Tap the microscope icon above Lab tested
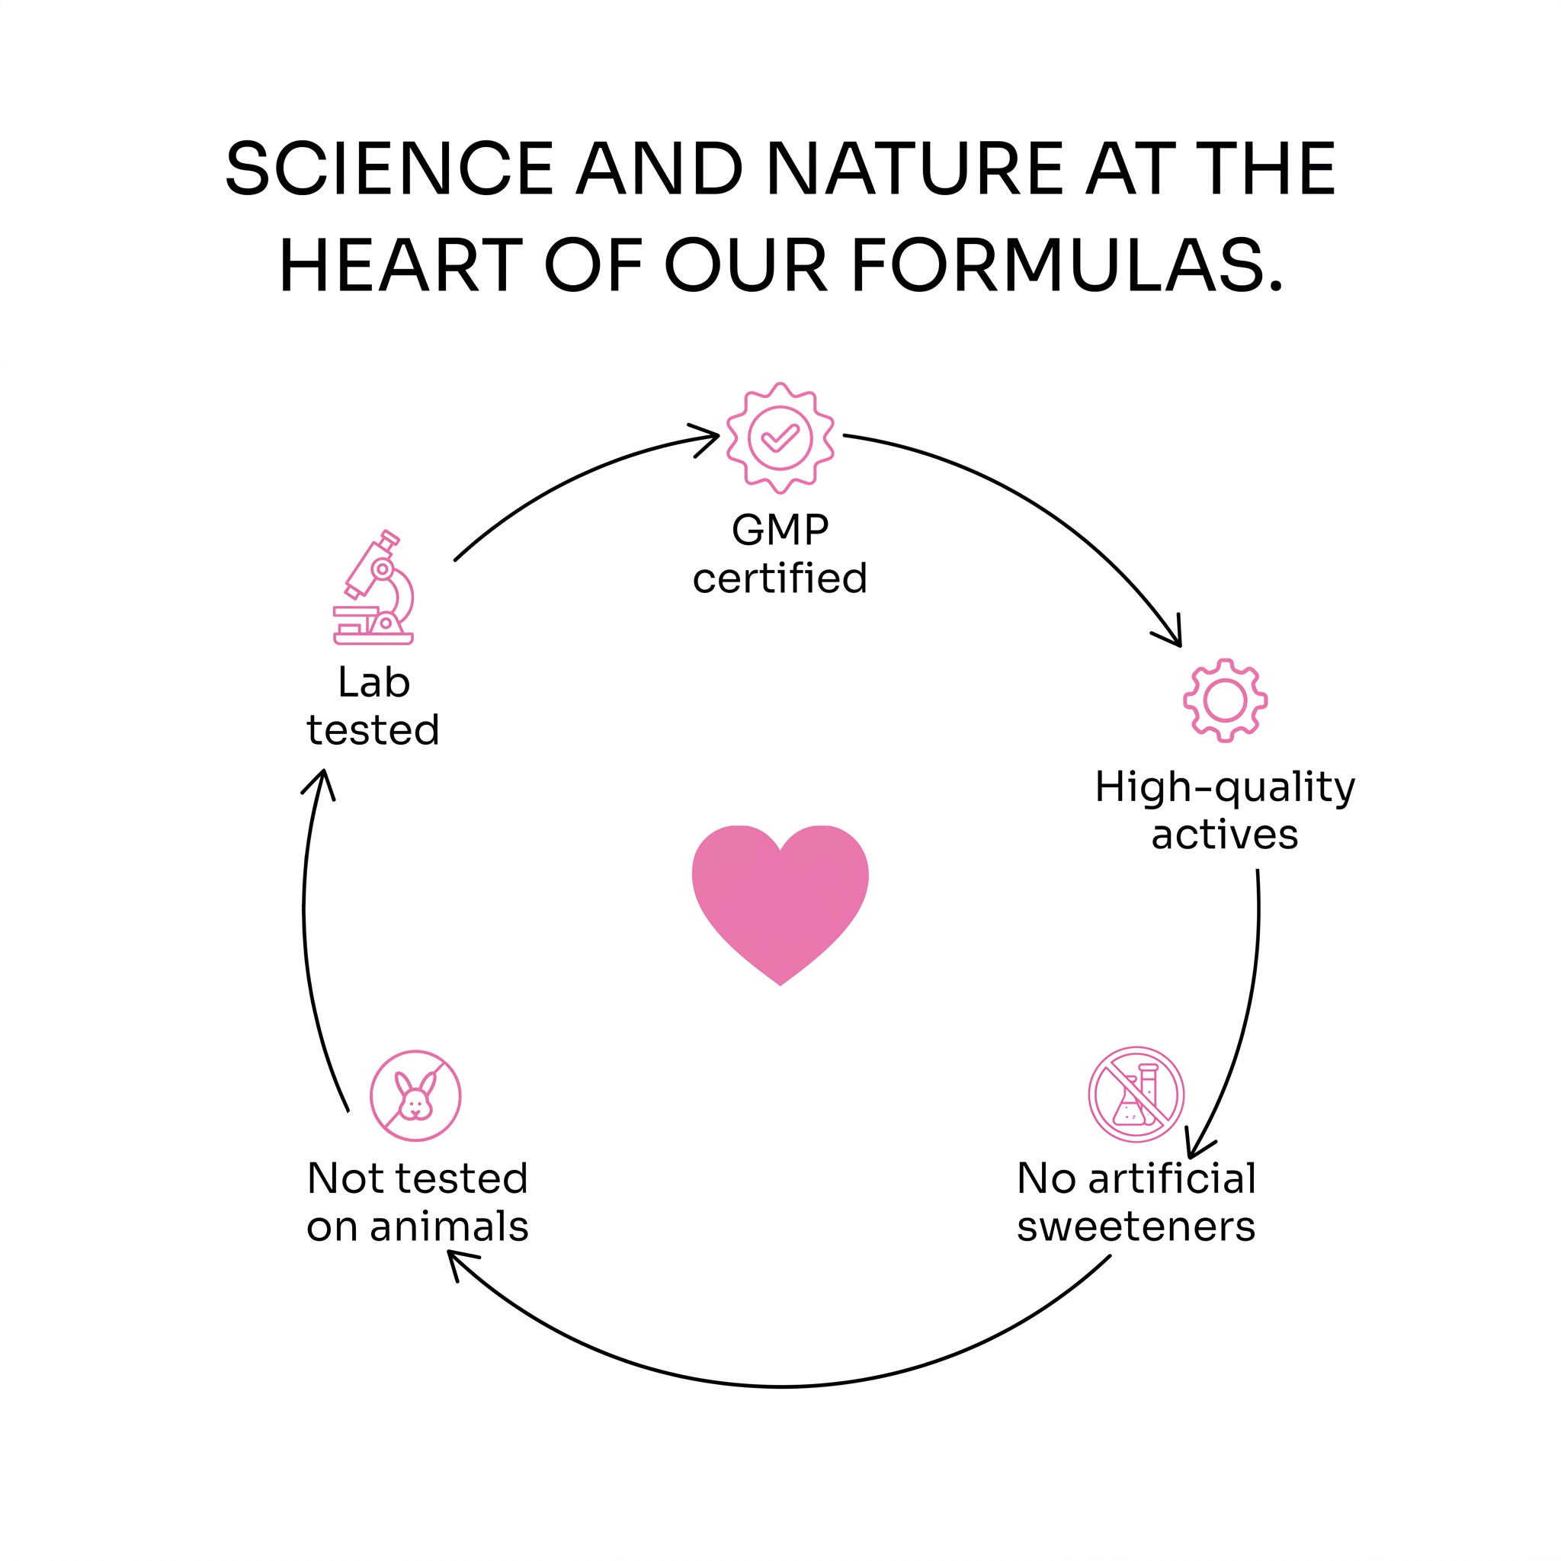[x=373, y=588]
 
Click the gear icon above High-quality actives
[x=1225, y=700]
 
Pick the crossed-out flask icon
[x=1136, y=1095]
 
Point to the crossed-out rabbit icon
[x=415, y=1095]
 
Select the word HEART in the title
[x=401, y=264]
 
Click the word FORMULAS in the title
[x=1066, y=264]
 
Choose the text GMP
[x=780, y=530]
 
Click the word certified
[x=780, y=578]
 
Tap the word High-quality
[x=1225, y=788]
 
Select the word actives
[x=1225, y=835]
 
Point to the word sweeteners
[x=1136, y=1226]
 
